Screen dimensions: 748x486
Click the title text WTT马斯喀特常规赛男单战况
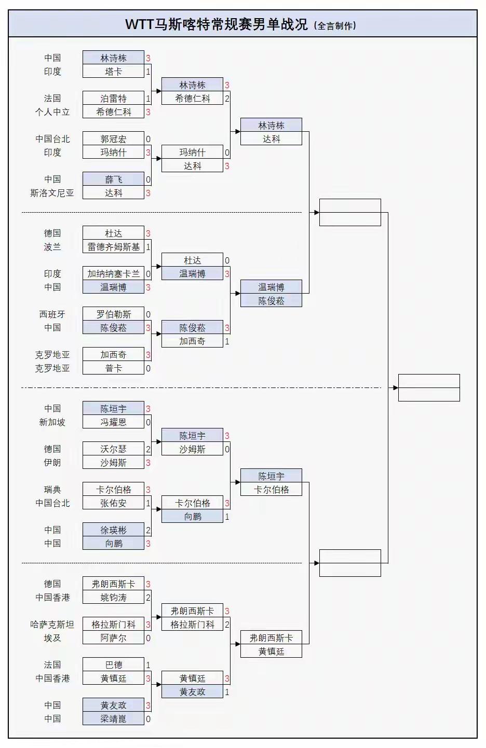217,24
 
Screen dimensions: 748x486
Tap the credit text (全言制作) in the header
335,25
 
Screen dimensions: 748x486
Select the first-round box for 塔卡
113,72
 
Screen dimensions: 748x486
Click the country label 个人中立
52,112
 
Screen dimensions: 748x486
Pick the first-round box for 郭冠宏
113,139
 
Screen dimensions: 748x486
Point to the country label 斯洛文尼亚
52,193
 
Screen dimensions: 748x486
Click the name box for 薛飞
113,179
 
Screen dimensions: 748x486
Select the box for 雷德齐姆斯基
113,247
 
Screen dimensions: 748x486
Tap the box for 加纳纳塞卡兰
113,274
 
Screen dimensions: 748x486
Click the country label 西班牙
52,314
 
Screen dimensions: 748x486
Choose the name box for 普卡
113,368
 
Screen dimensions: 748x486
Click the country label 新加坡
52,422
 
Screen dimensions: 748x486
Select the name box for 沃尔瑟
113,449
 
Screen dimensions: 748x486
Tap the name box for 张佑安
113,503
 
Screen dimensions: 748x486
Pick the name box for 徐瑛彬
113,530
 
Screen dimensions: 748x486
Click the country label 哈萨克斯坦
52,625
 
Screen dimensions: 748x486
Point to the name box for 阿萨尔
113,638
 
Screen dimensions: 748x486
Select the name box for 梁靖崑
113,719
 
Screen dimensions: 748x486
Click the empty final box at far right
429,387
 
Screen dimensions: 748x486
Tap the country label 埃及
52,638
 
